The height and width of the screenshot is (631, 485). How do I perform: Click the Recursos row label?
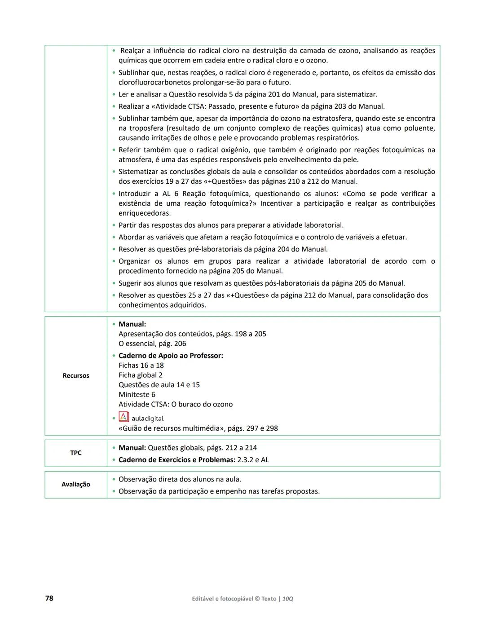[76, 375]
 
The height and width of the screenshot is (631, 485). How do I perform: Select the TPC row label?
[76, 453]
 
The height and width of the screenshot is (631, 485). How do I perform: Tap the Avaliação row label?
[76, 484]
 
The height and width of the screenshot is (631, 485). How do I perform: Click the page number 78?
[49, 598]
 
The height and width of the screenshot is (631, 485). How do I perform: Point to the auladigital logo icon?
[123, 417]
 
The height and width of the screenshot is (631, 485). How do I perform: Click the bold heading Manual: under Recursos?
[132, 324]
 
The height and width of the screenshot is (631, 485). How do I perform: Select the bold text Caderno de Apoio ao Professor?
[171, 356]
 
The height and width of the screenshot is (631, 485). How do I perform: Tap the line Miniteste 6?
[137, 395]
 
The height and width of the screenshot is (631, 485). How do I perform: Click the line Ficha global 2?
[141, 375]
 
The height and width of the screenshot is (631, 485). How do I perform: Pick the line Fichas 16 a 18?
[141, 366]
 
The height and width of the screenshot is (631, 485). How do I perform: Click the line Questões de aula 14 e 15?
[159, 385]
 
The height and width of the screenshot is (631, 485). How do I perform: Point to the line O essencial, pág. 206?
[152, 344]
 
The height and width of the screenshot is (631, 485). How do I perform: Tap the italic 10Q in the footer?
[288, 599]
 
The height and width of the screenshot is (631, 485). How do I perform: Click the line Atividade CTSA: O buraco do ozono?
[176, 404]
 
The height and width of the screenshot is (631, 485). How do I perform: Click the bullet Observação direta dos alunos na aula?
[180, 479]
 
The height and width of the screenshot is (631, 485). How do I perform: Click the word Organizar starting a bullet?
[134, 261]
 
